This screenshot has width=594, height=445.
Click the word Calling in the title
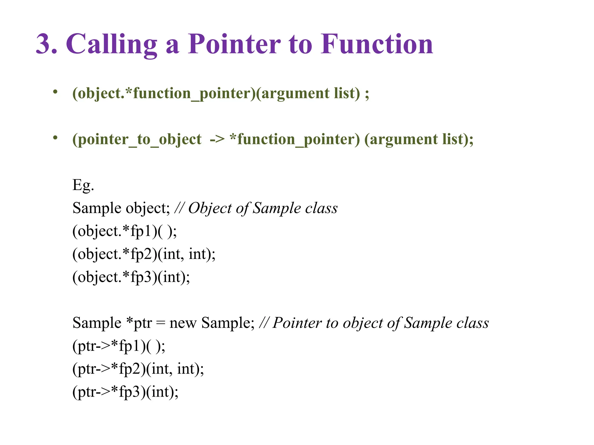click(112, 44)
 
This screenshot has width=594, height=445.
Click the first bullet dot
click(55, 92)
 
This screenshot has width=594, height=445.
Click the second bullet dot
click(55, 138)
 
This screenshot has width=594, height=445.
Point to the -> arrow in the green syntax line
click(217, 139)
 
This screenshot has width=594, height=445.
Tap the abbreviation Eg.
click(83, 185)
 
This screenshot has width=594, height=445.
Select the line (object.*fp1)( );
click(124, 231)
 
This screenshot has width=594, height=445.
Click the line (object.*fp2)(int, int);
click(144, 254)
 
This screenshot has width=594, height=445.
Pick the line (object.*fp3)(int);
click(131, 277)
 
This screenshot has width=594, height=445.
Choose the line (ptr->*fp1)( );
click(119, 346)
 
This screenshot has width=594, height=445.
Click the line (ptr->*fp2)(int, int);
click(138, 369)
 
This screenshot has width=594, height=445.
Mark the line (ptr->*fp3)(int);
click(125, 392)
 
